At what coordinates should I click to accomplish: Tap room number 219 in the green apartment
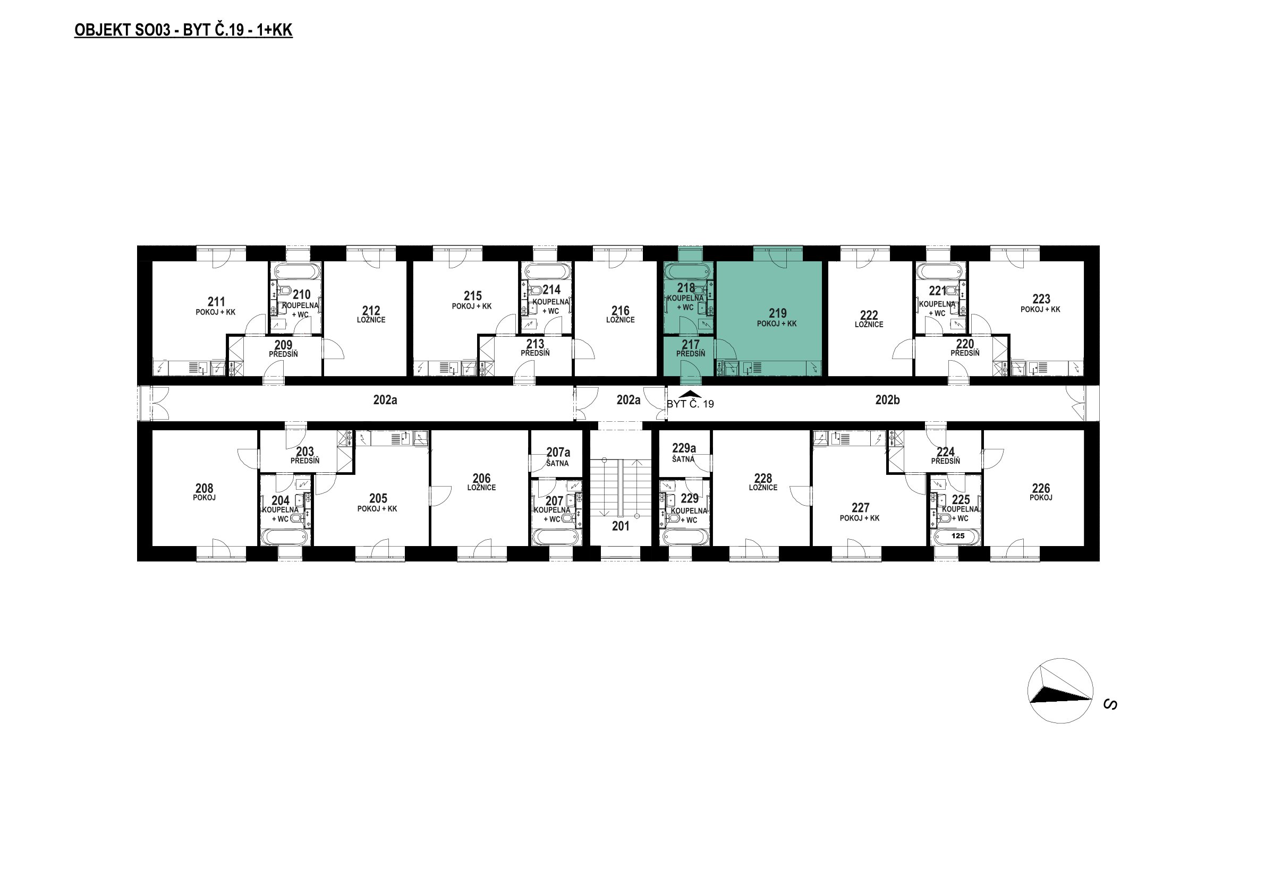point(777,313)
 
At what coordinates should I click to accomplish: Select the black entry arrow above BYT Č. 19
point(690,394)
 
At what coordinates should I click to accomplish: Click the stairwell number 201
point(621,526)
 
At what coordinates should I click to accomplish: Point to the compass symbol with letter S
point(1060,690)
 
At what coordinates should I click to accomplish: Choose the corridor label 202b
point(887,401)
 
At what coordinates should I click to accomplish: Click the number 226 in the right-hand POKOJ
point(1041,489)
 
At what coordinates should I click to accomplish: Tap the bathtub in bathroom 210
point(294,272)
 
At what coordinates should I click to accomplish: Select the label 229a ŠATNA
point(684,453)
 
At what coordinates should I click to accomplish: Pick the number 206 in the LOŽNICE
point(481,478)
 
